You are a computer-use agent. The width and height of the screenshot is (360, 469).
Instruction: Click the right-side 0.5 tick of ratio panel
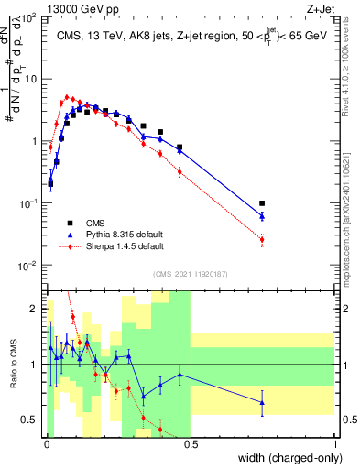[347, 420]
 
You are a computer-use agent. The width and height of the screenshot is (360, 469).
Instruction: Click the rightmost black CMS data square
[262, 203]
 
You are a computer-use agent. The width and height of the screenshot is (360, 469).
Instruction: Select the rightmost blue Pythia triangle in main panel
[262, 216]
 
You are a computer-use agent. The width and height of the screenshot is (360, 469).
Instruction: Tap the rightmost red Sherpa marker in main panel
[262, 240]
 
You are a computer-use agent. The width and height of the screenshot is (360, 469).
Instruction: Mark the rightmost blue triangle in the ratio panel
[262, 402]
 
